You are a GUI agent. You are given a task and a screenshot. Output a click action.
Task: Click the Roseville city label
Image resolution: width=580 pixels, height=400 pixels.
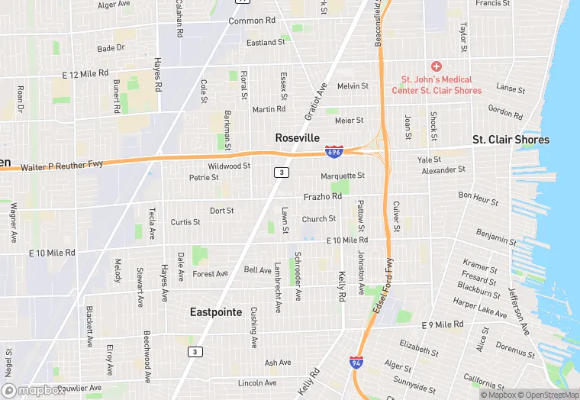[x=297, y=137]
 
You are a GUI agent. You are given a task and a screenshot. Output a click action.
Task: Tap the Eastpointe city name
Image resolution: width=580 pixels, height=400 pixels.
[x=216, y=311]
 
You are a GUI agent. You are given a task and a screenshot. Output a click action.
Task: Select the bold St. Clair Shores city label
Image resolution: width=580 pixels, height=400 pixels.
[x=511, y=140]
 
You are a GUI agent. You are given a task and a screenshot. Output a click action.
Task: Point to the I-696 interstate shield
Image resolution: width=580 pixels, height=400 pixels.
[x=333, y=152]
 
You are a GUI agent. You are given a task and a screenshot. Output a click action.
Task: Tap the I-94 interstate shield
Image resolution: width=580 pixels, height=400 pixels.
[x=356, y=363]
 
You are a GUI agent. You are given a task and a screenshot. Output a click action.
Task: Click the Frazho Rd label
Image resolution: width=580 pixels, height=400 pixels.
[x=322, y=196]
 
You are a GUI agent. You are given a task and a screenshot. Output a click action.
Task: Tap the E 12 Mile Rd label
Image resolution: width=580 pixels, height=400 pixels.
[x=85, y=74]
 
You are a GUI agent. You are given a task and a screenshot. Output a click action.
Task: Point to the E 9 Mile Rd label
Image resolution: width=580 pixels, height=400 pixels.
[x=443, y=324]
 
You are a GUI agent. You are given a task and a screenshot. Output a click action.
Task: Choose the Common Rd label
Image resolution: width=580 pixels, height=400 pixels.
[x=252, y=21]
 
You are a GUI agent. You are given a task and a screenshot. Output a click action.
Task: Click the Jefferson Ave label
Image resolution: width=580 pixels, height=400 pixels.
[x=519, y=311]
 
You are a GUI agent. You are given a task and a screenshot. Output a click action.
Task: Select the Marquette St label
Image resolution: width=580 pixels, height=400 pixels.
[x=343, y=176]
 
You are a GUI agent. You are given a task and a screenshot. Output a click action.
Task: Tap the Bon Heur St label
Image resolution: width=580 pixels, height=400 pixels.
[x=478, y=199]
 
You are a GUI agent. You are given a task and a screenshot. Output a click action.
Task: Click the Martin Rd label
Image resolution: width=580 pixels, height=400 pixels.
[x=269, y=109]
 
